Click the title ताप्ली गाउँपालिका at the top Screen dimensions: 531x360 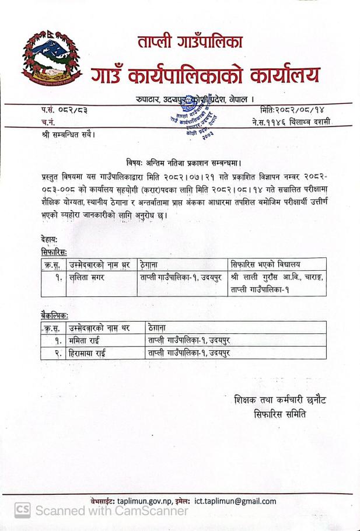coord(191,42)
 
